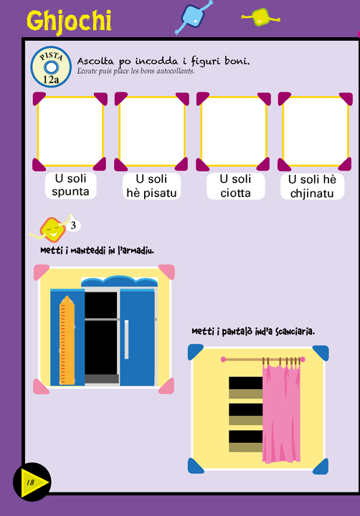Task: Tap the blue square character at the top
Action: point(194,16)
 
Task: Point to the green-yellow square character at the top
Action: point(260,17)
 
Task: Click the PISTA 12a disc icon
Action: point(51,67)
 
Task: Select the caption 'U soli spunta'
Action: point(70,186)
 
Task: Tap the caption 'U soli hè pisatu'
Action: point(151,186)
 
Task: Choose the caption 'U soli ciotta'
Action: point(235,186)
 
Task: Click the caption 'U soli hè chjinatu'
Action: point(312,186)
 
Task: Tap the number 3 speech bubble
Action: point(73,226)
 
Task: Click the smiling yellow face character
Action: point(52,229)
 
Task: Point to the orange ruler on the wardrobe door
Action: point(67,340)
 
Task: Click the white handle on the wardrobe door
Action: point(126,339)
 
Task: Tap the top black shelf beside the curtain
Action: point(246,383)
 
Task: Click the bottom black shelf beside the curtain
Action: point(246,436)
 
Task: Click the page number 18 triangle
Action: point(33,482)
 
